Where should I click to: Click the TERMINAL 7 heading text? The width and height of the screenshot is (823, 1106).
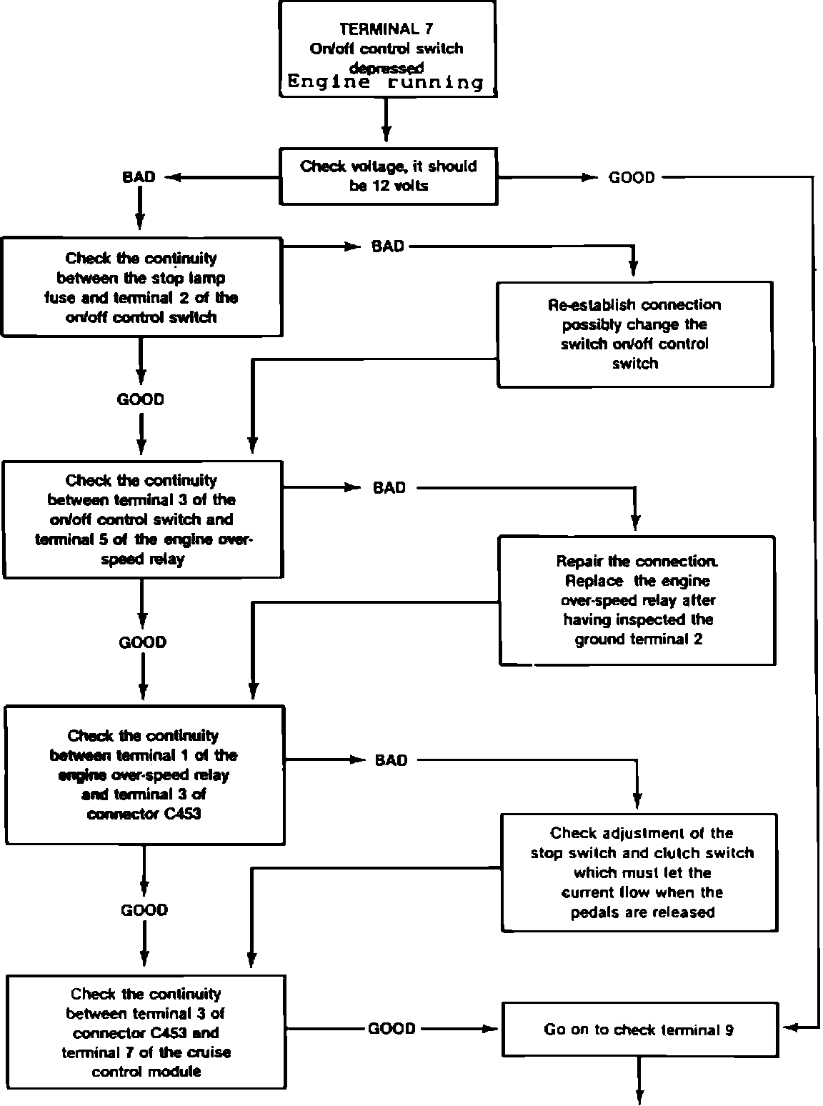tap(386, 29)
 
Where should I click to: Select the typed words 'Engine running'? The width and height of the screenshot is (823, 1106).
tap(386, 81)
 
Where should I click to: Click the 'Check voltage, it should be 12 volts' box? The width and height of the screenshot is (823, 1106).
tap(389, 176)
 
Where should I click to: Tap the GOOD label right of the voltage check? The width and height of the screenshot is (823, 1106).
tap(632, 177)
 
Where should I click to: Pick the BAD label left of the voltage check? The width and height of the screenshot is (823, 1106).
tap(139, 177)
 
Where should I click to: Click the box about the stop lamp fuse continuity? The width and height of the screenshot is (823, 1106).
tap(142, 287)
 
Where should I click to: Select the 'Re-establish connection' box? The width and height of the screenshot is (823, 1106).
tap(635, 334)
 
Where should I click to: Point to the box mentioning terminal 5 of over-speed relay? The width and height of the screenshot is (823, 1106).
tap(143, 519)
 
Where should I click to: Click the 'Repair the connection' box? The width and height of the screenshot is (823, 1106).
tap(637, 600)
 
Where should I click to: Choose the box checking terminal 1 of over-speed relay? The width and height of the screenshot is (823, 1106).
tap(144, 774)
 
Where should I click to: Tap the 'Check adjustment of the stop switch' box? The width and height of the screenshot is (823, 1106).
tap(639, 872)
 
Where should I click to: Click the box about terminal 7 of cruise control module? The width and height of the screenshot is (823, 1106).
tap(146, 1032)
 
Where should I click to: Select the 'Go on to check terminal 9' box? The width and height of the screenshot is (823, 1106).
tap(640, 1030)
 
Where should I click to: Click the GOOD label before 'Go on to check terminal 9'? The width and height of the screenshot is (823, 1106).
tap(391, 1029)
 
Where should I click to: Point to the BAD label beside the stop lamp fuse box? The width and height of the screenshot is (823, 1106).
tap(387, 246)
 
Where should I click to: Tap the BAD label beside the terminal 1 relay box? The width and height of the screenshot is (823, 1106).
tap(391, 760)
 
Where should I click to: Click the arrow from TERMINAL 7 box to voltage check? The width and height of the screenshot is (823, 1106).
tap(386, 120)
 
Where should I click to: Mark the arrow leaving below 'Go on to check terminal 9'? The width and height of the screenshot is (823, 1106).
tap(639, 1080)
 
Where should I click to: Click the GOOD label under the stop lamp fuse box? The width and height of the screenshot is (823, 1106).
tap(140, 399)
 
